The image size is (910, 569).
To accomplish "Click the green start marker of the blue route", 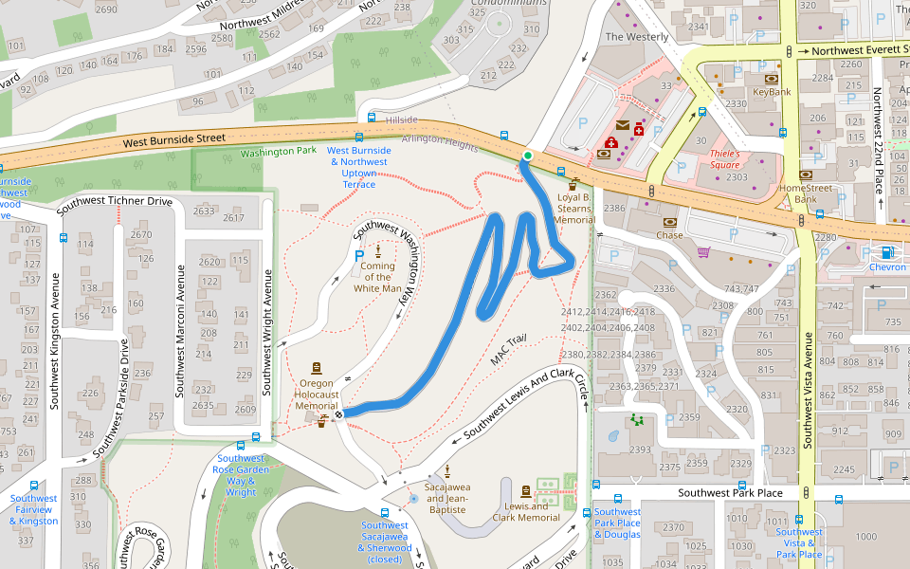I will (527, 156).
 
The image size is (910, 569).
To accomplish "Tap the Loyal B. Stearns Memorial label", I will (574, 209).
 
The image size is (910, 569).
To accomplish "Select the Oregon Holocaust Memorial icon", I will (316, 368).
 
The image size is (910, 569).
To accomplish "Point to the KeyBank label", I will (772, 92).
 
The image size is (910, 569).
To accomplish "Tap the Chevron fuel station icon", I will (887, 252).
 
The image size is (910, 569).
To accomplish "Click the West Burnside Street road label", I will (174, 139).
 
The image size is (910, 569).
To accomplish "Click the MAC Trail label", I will (508, 351).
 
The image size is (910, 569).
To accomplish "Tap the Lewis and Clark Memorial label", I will (525, 512).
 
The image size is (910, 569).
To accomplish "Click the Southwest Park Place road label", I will (730, 493).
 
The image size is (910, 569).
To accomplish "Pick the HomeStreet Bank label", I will (805, 193).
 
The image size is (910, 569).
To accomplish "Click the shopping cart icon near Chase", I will (703, 251).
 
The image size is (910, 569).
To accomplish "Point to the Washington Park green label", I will (278, 151).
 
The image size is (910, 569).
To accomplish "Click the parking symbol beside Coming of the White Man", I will (358, 256).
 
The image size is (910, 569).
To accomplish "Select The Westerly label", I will (636, 37).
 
